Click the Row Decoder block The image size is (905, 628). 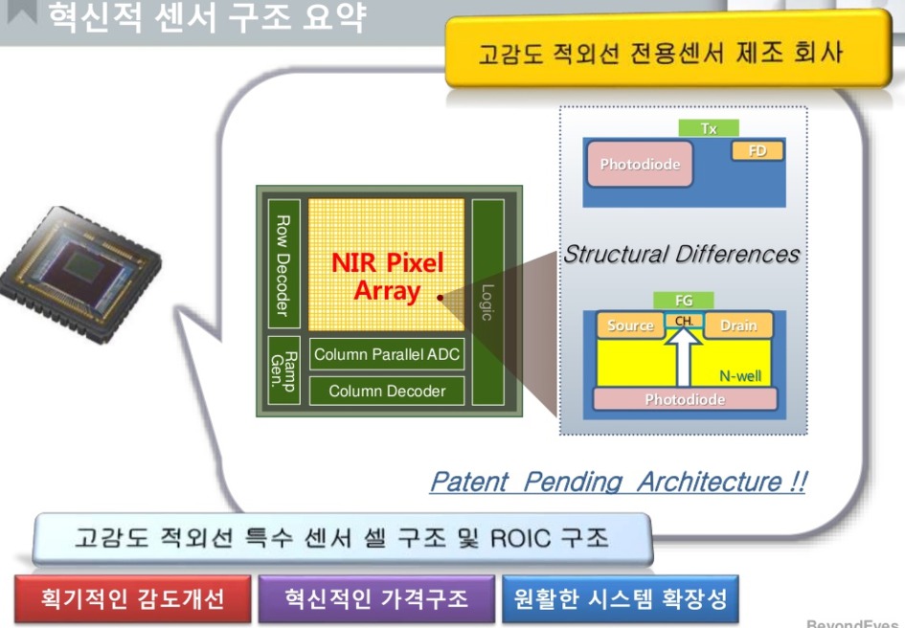click(x=284, y=264)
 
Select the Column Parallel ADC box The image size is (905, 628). click(x=387, y=354)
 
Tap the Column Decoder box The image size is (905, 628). click(x=387, y=391)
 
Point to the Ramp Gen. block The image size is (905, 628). click(x=284, y=370)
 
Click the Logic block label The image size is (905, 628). click(x=487, y=303)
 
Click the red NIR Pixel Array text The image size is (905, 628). click(x=387, y=277)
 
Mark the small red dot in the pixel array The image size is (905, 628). click(x=440, y=298)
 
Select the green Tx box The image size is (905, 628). click(x=709, y=128)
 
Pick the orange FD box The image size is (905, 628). click(x=758, y=151)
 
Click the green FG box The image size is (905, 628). click(x=684, y=301)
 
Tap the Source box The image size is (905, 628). click(x=630, y=325)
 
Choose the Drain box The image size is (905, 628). click(x=738, y=325)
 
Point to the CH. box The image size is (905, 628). click(x=685, y=321)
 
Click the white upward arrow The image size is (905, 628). click(x=684, y=358)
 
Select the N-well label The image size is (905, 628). click(x=740, y=376)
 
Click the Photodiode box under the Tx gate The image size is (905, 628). click(x=640, y=165)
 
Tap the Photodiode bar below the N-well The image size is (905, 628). click(x=685, y=399)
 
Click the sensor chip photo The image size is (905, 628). click(x=80, y=274)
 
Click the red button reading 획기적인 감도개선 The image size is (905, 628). click(x=133, y=598)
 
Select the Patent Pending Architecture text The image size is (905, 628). click(x=619, y=482)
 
